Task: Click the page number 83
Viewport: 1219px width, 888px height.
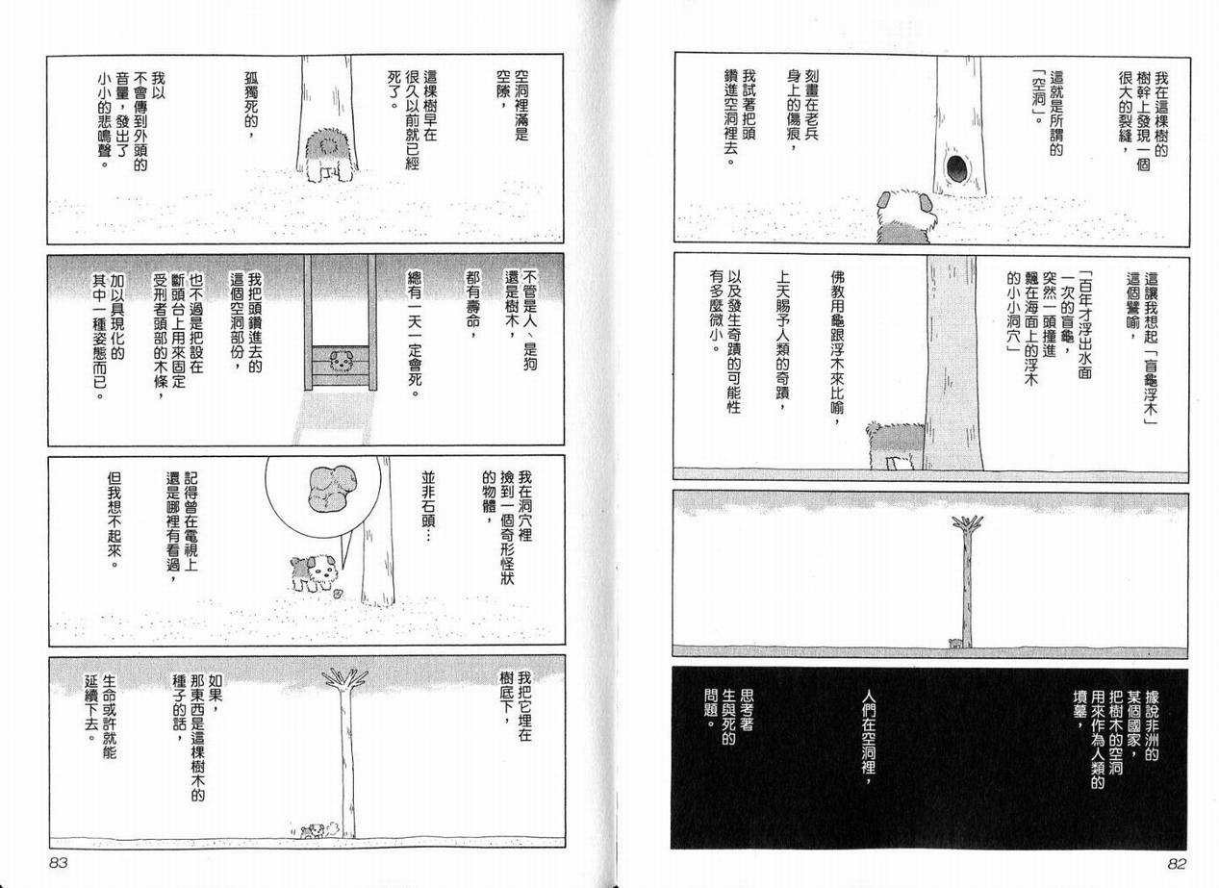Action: pyautogui.click(x=59, y=863)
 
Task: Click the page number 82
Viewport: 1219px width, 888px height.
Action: pyautogui.click(x=1176, y=864)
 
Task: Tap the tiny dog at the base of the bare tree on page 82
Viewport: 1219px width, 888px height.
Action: pyautogui.click(x=955, y=643)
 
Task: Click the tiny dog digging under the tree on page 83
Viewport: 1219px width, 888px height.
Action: pyautogui.click(x=312, y=831)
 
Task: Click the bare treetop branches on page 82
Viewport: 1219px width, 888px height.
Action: pyautogui.click(x=968, y=523)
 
